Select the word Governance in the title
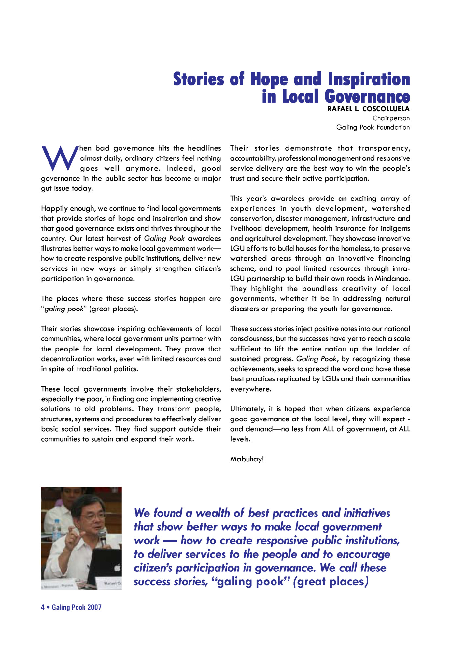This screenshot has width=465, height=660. click(x=367, y=96)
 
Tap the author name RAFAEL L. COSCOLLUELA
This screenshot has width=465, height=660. click(x=368, y=109)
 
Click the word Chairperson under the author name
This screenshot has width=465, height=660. click(x=391, y=118)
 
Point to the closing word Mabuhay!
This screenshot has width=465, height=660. click(x=247, y=459)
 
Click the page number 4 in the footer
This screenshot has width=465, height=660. click(x=43, y=607)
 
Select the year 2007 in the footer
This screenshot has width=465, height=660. click(x=94, y=607)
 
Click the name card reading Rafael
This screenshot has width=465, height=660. click(x=112, y=583)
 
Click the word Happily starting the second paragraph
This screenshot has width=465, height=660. click(x=53, y=208)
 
